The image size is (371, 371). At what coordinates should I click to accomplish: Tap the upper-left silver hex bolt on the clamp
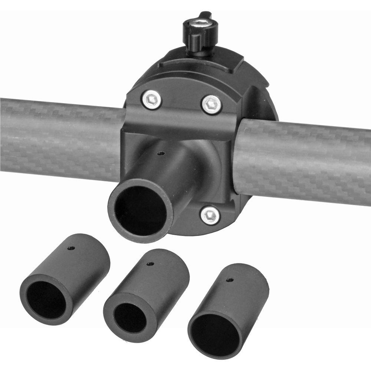[152, 100]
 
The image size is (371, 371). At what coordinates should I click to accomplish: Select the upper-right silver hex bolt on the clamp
[212, 104]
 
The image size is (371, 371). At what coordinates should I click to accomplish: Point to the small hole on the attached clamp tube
[160, 152]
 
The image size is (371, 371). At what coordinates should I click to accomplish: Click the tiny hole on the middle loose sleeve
[150, 264]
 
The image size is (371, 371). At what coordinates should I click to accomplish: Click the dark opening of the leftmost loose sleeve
[46, 299]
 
